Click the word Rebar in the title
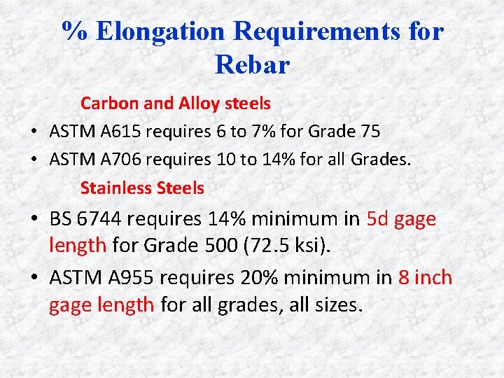(252, 65)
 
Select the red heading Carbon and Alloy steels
(175, 104)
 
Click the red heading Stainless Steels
(142, 188)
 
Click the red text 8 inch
(425, 278)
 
